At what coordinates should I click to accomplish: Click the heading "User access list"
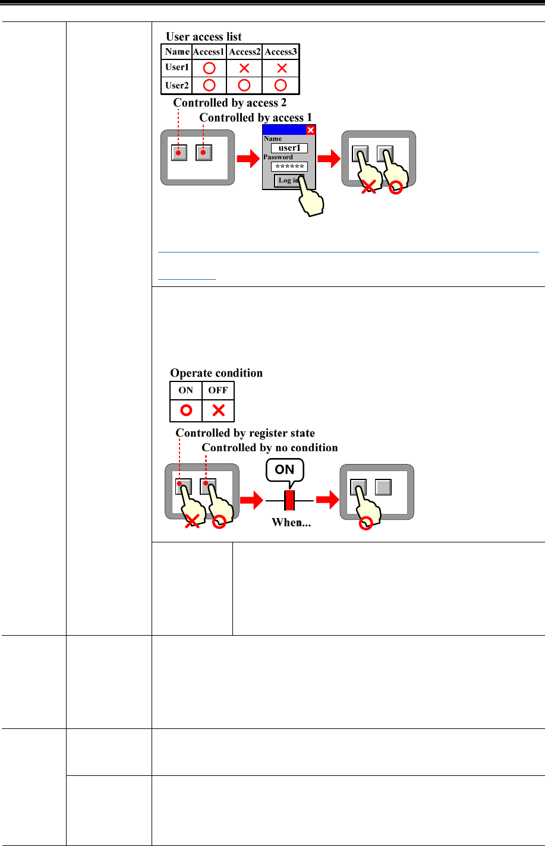click(203, 37)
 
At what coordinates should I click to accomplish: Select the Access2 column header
click(244, 52)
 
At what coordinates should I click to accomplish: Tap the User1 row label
click(177, 67)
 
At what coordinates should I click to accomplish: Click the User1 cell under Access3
click(282, 68)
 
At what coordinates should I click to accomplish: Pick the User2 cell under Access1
click(209, 85)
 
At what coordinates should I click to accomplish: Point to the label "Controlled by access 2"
click(229, 103)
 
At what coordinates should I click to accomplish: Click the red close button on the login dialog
click(310, 131)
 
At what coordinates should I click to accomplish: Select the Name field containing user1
click(289, 148)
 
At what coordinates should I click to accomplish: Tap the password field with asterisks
click(289, 167)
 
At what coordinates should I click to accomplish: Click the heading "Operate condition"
click(216, 373)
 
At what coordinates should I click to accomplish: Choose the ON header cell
click(186, 390)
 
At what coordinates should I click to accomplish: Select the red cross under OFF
click(218, 411)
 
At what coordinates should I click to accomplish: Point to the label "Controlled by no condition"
click(270, 447)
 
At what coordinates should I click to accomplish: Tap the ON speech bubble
click(285, 470)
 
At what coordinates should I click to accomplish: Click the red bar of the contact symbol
click(289, 500)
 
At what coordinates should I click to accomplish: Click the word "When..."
click(291, 522)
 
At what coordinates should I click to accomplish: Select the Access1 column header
click(209, 52)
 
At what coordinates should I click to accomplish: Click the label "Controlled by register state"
click(245, 433)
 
